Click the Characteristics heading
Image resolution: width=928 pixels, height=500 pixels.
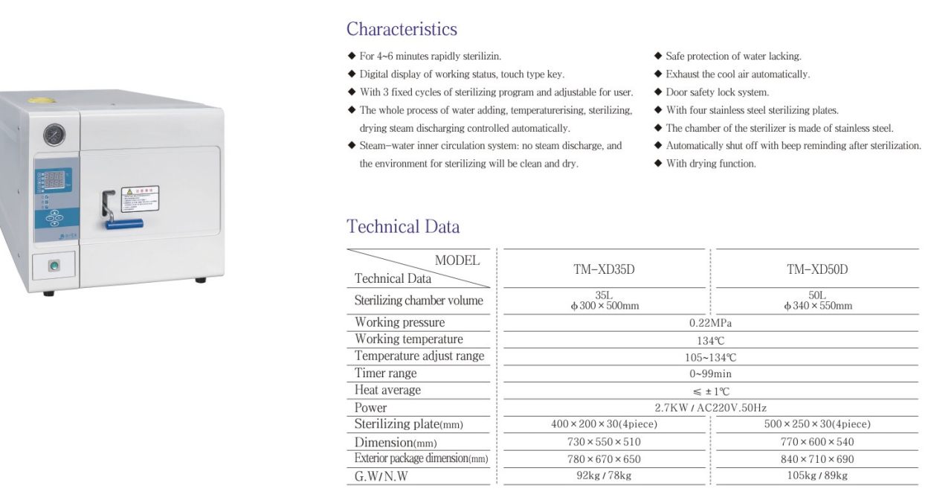pos(402,30)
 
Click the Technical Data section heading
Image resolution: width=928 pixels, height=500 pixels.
pos(403,227)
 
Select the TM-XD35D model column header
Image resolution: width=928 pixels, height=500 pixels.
pos(604,269)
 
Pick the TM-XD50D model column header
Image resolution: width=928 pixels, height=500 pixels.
pos(817,269)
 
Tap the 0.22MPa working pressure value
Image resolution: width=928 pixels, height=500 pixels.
pos(711,323)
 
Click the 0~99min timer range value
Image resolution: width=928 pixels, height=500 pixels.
pos(710,374)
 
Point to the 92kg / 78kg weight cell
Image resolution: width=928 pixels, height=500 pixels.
pos(604,476)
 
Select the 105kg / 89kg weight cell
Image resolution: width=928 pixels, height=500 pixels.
pos(817,476)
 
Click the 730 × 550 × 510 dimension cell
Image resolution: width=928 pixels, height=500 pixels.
pos(604,442)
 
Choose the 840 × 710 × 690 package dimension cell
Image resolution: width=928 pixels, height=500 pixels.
pos(817,459)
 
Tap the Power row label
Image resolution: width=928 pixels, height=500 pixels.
pos(370,408)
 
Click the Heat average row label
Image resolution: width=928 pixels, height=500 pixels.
pos(387,391)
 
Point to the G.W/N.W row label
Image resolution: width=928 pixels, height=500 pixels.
pos(381,477)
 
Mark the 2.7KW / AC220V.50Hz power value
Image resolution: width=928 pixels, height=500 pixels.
pos(711,408)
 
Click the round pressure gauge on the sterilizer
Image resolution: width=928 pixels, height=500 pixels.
pos(54,135)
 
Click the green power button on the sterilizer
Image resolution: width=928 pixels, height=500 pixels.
pos(54,266)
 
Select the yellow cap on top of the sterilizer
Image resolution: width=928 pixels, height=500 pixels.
pos(41,99)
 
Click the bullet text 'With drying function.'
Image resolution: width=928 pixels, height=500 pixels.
pos(711,164)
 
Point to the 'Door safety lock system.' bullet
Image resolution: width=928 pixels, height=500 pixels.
pos(717,92)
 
